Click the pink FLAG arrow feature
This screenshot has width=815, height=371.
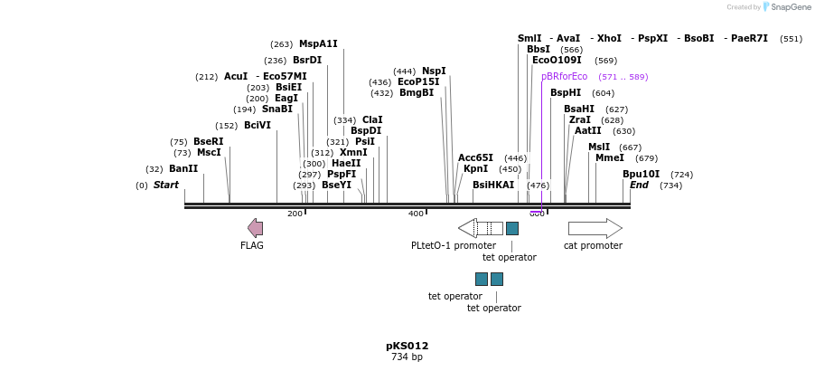click(x=256, y=228)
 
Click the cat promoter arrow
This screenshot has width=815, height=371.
click(x=595, y=228)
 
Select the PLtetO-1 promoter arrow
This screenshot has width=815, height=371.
click(x=480, y=228)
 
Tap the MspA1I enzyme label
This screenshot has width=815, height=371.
click(x=318, y=43)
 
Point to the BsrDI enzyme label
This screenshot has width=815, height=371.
click(x=307, y=60)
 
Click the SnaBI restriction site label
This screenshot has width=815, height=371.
click(x=277, y=109)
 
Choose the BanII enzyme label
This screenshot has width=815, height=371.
click(x=183, y=168)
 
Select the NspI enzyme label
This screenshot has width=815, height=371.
click(x=434, y=71)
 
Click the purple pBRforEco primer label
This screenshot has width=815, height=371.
click(x=564, y=76)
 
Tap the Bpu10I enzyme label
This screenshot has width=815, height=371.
click(x=641, y=174)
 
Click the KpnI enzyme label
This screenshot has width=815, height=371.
click(x=475, y=168)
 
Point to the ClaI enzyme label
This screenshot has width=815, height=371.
click(x=372, y=119)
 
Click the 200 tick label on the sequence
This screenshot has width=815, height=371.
click(x=295, y=214)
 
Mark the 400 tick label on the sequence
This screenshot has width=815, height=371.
click(x=416, y=214)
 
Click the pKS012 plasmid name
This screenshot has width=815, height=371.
click(x=407, y=346)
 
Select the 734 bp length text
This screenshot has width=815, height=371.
click(x=407, y=357)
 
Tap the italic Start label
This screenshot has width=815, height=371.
click(x=166, y=185)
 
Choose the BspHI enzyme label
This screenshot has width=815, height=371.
click(x=566, y=92)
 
